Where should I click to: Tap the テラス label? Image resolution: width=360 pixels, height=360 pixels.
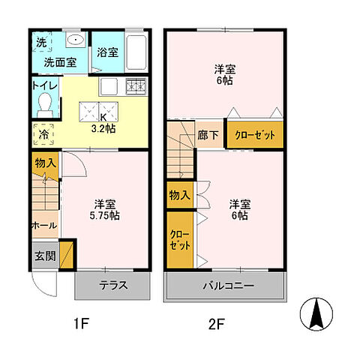pos(112,285)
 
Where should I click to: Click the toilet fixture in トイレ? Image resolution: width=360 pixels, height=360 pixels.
pos(44,102)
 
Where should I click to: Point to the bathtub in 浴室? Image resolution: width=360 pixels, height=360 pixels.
pos(136,52)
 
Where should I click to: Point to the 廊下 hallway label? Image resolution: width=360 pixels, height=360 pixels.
pos(208,136)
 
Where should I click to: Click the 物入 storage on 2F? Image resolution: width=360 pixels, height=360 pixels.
pos(180,195)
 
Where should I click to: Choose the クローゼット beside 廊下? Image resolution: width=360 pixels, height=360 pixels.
pos(255,136)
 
